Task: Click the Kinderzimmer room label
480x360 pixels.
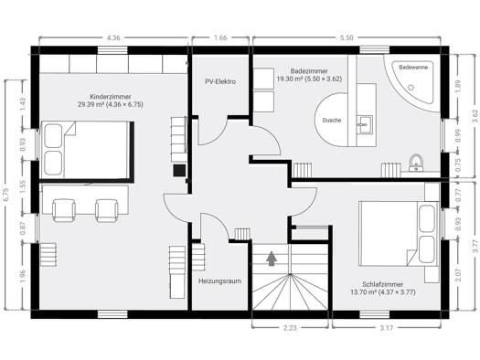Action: pos(111,97)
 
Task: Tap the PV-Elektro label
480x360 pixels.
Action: pos(220,81)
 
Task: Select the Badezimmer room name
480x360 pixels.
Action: pos(309,71)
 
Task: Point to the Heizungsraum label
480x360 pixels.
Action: pos(219,281)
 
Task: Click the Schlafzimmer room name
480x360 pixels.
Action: pos(383,284)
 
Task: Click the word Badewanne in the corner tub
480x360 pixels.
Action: pos(413,67)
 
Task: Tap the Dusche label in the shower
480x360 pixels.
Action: pos(332,121)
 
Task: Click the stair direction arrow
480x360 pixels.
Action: pos(272,259)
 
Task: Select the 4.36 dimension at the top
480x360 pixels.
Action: pos(113,38)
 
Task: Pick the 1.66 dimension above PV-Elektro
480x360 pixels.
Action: pos(220,38)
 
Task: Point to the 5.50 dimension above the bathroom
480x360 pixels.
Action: pos(347,38)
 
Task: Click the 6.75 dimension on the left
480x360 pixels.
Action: pos(7,195)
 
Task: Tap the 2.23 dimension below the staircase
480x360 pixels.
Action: pos(290,328)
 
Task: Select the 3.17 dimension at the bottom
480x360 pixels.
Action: pos(387,328)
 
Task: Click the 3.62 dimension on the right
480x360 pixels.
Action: pos(475,116)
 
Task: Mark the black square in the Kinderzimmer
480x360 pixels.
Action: pos(179,170)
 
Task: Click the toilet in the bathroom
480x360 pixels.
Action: pos(416,163)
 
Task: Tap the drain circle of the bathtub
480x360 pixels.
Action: pos(411,88)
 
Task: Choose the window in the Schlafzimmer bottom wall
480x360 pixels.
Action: pos(374,314)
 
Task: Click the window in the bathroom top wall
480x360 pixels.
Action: pos(374,50)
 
